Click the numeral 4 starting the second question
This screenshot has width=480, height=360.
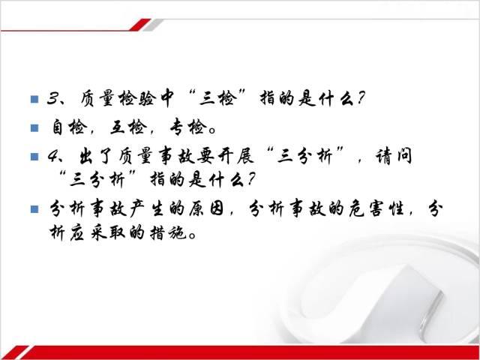click(53, 157)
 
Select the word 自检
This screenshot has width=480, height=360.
click(67, 127)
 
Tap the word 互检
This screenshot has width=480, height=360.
click(127, 127)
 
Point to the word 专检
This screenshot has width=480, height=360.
click(187, 127)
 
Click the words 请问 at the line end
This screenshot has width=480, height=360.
click(394, 156)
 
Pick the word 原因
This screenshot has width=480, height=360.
click(206, 208)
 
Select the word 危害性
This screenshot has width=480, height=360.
click(376, 208)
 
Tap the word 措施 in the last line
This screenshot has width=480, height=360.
click(168, 233)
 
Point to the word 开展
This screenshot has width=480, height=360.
click(236, 156)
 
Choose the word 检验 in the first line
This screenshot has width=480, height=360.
click(137, 99)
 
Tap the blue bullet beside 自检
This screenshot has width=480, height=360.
click(34, 127)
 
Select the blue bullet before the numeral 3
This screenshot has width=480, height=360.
click(34, 100)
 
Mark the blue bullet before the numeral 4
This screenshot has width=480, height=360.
click(34, 157)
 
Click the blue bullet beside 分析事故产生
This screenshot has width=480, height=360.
click(34, 209)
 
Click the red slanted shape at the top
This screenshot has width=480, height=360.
click(140, 25)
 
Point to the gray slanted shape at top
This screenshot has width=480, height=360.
click(153, 25)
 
